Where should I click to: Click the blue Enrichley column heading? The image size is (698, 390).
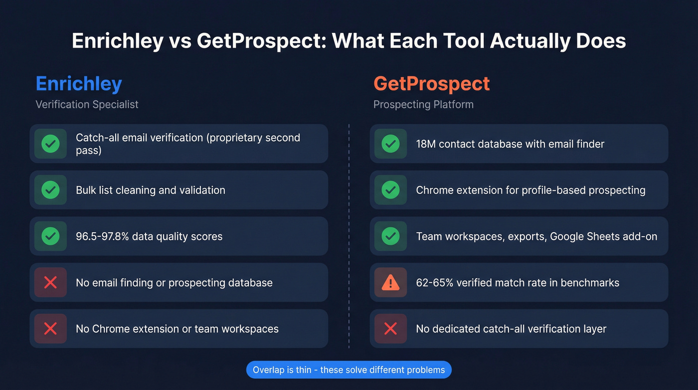coord(79,83)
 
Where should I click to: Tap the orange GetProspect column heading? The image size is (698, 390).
coord(431,83)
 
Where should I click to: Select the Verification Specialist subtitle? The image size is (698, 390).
coord(87,104)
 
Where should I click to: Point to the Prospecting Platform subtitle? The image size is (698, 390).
coord(423,104)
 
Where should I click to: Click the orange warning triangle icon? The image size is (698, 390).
coord(390,283)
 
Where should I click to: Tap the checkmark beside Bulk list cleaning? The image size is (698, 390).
coord(50,190)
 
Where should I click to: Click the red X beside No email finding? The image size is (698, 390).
coord(50,283)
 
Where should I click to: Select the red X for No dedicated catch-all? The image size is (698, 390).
coord(390,329)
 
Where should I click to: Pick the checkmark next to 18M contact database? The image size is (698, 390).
coord(390,144)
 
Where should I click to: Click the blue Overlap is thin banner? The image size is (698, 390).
coord(349,370)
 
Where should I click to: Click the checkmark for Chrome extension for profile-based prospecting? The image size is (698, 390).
coord(390,190)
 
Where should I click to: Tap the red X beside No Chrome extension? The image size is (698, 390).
coord(50,329)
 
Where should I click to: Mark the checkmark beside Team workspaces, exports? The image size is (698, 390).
coord(390,236)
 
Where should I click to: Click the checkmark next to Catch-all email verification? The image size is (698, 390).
coord(50,144)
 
